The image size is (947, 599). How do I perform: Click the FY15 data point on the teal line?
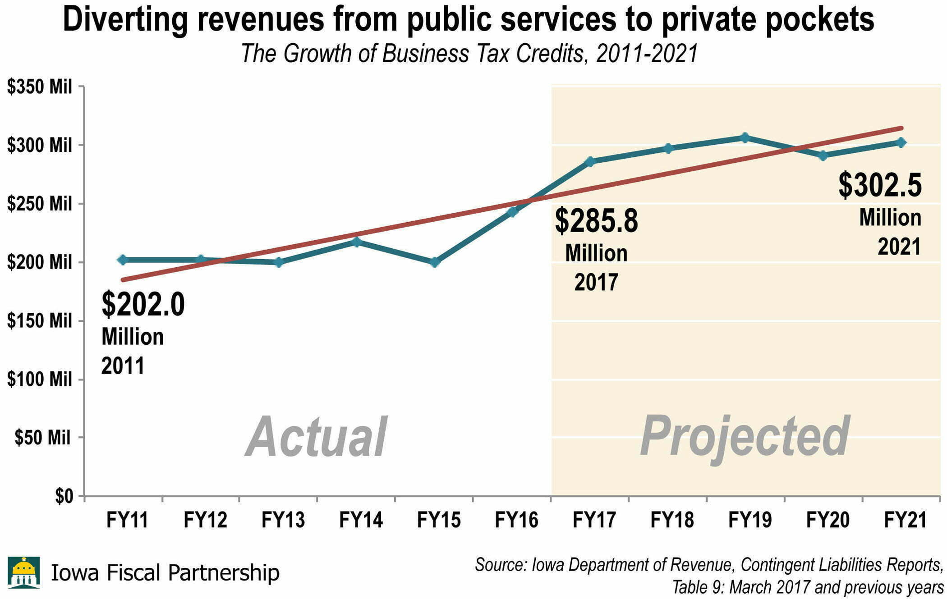[435, 262]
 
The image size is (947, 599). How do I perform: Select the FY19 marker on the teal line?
[745, 138]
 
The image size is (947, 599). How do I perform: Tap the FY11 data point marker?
[123, 260]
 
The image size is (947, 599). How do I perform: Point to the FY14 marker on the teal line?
[357, 242]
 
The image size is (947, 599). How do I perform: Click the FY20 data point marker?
[823, 156]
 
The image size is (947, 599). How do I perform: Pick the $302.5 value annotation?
[880, 185]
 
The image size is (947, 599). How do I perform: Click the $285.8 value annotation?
[596, 221]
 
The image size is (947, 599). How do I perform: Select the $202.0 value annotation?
[143, 304]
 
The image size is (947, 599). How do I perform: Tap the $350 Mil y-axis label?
[40, 87]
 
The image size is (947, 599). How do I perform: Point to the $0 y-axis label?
[64, 496]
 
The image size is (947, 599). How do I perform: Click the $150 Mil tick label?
[40, 321]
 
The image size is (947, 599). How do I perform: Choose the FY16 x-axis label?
[516, 520]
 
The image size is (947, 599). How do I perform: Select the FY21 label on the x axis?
[905, 520]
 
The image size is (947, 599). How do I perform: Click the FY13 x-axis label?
[283, 520]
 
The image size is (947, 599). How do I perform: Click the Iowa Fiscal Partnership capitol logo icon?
[24, 572]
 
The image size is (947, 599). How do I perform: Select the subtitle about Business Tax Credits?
[469, 53]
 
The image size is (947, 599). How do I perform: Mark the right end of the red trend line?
[901, 128]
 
